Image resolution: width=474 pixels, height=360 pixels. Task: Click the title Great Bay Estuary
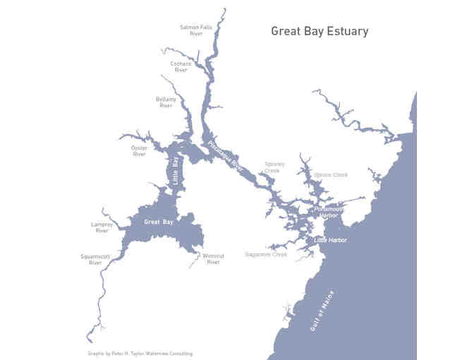[320, 32]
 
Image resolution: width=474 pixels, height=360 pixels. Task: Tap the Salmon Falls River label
[191, 30]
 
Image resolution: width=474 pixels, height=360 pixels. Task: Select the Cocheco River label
[181, 66]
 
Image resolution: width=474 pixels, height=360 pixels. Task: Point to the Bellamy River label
[166, 102]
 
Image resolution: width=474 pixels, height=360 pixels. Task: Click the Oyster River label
[139, 151]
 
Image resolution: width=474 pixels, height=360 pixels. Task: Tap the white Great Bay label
[158, 222]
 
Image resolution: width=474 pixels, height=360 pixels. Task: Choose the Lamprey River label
[102, 227]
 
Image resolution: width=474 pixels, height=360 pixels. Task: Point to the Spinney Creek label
[273, 167]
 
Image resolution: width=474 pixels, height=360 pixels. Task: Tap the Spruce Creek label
[331, 174]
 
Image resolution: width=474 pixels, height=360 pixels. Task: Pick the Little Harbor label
[330, 240]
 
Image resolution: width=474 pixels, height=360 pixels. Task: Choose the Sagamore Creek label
[266, 254]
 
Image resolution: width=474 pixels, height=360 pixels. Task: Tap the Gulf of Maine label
[322, 311]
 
